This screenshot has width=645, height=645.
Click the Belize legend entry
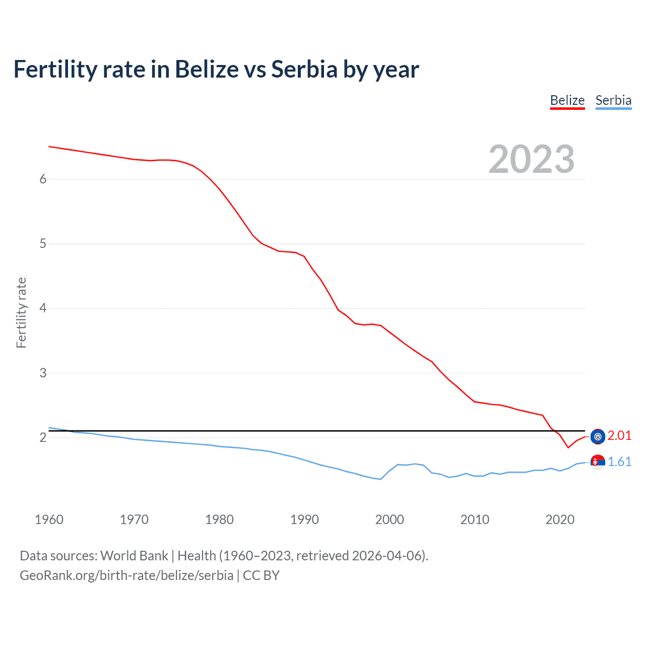pos(567,100)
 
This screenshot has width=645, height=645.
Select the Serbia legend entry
pos(613,100)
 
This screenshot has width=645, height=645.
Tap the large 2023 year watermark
pos(531,159)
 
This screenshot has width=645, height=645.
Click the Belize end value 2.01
pos(619,435)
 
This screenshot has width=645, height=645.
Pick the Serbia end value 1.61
pos(619,462)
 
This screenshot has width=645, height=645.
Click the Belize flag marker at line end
pos(598,436)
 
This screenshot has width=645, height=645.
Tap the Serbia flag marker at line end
pos(598,462)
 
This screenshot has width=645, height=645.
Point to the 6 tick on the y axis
pos(43,179)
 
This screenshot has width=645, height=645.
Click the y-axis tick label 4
pos(43,308)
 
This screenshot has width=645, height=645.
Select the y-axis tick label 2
pos(43,437)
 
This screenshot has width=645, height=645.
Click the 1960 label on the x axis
pos(49,520)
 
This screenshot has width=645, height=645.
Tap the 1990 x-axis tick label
pos(304,520)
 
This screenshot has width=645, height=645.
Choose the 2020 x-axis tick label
pos(560,520)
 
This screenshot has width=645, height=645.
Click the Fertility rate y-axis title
pos(21,312)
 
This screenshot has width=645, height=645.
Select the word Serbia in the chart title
pos(304,69)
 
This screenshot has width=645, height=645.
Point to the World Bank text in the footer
pos(134,556)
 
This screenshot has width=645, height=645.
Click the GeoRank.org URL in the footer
pos(126,575)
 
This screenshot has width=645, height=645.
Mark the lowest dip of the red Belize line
pos(568,447)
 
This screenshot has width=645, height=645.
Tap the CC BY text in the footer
pos(261,575)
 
